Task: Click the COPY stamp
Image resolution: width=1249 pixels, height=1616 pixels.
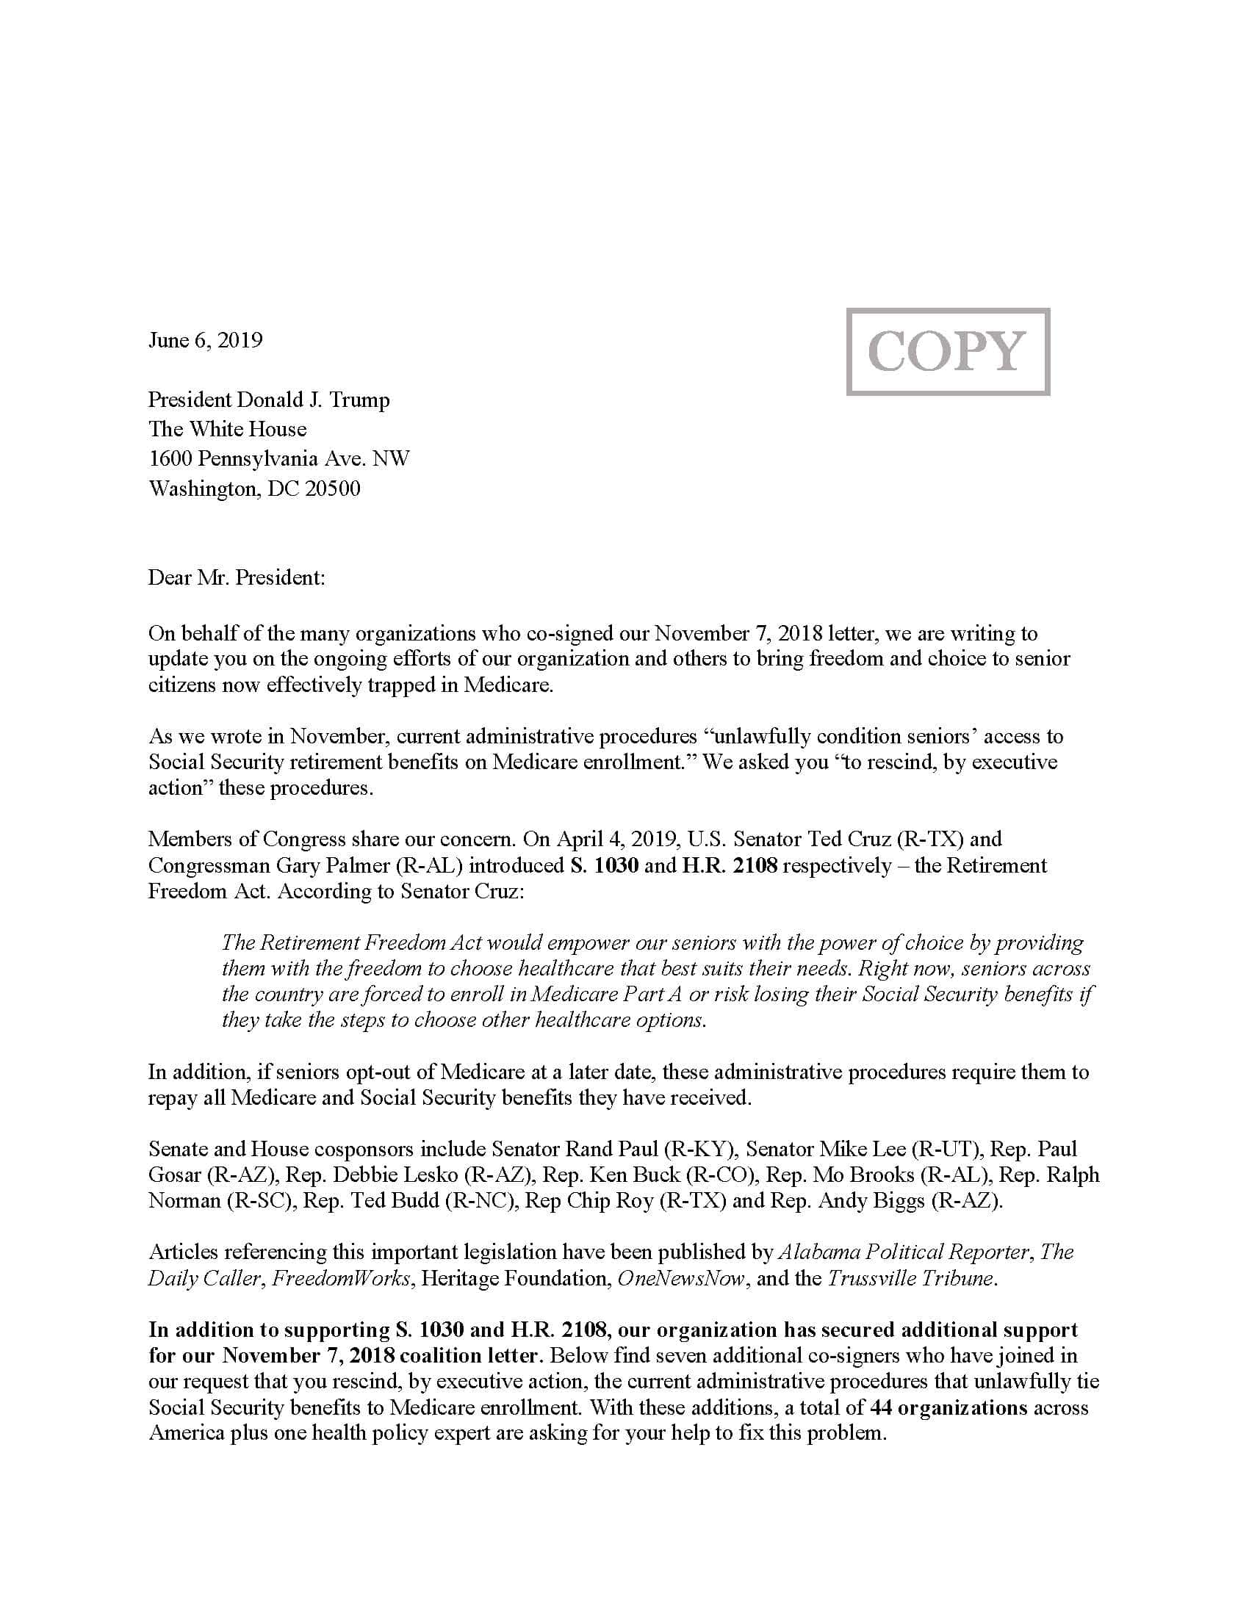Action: [x=947, y=350]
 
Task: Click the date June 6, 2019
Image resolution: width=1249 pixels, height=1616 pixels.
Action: [x=206, y=339]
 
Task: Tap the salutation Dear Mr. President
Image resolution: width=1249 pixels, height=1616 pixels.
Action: [x=236, y=577]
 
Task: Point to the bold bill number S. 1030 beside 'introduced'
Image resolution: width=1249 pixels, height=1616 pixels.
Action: [x=604, y=865]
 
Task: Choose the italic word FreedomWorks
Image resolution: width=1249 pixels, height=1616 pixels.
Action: [x=341, y=1278]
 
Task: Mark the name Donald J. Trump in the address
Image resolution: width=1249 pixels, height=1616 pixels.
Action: [x=313, y=400]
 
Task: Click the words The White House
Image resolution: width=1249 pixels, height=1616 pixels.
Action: [x=227, y=429]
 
